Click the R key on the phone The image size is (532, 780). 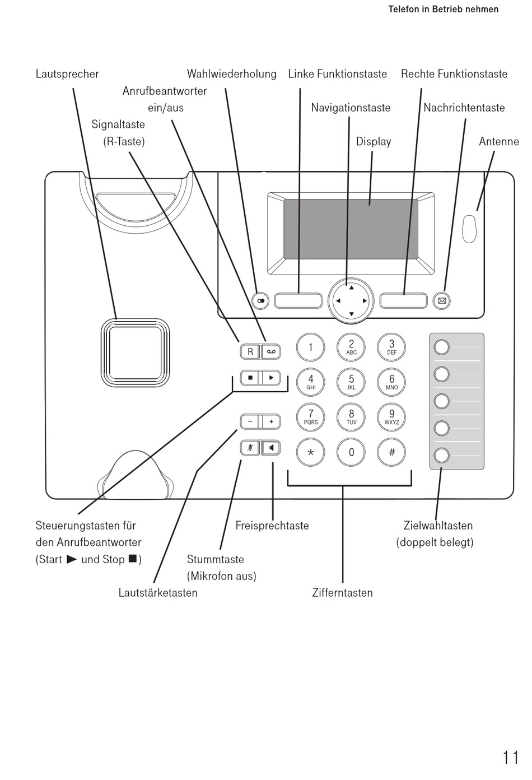(x=250, y=351)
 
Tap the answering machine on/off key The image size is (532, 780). (x=272, y=351)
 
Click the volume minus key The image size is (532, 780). (x=250, y=422)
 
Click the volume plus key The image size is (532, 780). (x=272, y=422)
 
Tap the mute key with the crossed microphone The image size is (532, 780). (x=250, y=448)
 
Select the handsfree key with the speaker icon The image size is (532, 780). (x=272, y=448)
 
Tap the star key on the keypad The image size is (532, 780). (x=311, y=452)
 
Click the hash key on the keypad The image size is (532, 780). (x=392, y=452)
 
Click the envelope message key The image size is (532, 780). (x=442, y=301)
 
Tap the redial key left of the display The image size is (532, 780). (x=260, y=301)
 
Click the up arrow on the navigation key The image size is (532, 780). (x=352, y=287)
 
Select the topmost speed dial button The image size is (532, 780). (x=442, y=347)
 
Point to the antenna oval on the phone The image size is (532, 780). (x=469, y=229)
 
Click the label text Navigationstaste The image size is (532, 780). (x=351, y=108)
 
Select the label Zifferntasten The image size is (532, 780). (x=342, y=593)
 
